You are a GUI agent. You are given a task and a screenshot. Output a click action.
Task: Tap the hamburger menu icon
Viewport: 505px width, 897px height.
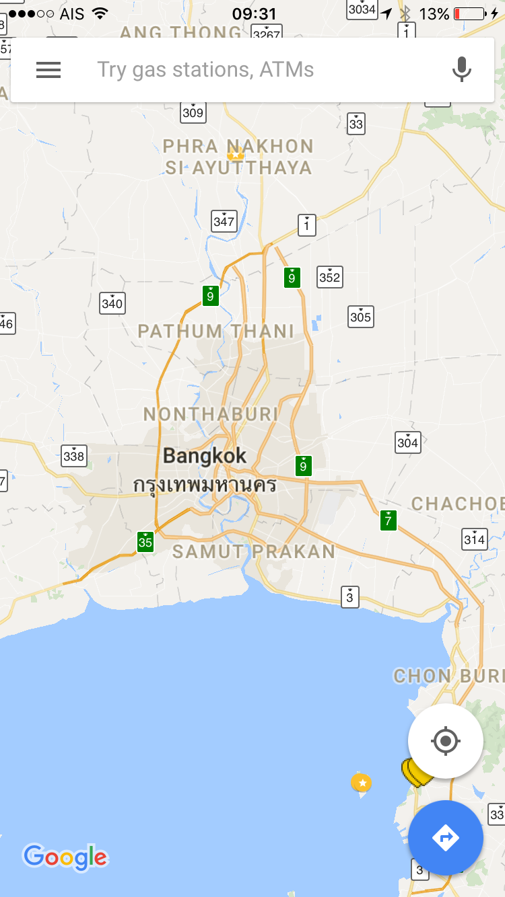point(48,70)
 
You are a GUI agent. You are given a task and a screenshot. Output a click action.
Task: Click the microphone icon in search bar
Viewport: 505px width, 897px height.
point(461,69)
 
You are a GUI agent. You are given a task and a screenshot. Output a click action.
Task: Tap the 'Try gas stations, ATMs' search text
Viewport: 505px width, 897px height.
point(205,69)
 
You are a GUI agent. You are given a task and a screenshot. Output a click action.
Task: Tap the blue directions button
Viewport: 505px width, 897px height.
point(445,838)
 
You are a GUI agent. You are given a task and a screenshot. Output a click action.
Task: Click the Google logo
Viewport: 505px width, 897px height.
point(65,857)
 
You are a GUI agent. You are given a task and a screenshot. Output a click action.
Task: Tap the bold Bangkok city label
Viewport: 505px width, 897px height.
point(205,456)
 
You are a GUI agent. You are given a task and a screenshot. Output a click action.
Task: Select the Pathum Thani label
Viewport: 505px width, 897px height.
point(216,331)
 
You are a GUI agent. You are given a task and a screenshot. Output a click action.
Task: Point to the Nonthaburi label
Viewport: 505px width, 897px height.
point(211,414)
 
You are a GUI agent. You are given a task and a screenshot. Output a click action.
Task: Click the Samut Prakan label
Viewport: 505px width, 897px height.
point(254,551)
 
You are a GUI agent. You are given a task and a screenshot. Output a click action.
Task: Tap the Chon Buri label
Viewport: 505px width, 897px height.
point(448,675)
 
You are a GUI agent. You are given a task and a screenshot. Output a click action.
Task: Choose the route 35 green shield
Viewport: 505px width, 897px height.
point(145,541)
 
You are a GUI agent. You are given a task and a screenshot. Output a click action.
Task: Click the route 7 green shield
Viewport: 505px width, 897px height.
point(388,520)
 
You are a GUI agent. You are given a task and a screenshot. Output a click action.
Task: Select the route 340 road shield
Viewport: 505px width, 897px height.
point(112,303)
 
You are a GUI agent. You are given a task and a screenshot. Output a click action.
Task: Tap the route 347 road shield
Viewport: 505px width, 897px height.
point(224,221)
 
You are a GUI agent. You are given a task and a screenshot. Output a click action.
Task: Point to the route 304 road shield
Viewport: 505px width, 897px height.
point(407,442)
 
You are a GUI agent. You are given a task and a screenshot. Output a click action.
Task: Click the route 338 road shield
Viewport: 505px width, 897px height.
point(73,456)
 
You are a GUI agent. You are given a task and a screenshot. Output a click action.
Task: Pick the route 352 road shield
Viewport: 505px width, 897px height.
point(329,276)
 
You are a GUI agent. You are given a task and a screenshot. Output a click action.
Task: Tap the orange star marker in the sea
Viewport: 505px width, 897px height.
point(362,782)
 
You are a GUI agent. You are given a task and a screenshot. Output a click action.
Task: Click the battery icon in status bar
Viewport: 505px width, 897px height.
point(470,13)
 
